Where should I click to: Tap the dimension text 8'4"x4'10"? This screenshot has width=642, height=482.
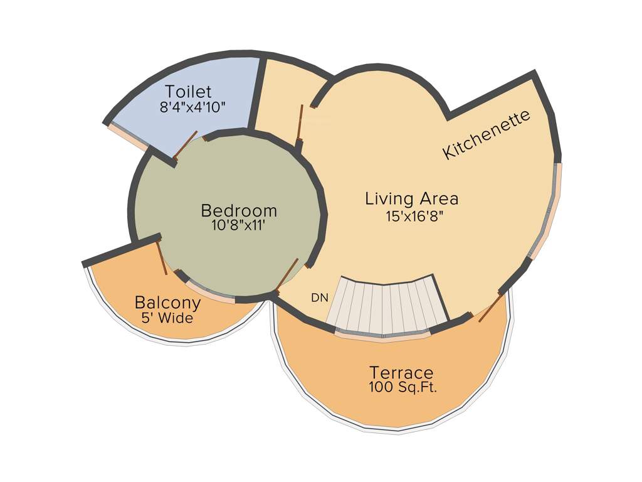click(x=192, y=107)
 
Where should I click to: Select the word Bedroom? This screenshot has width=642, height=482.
click(x=239, y=210)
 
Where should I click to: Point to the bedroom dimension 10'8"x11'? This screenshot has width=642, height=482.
click(x=239, y=225)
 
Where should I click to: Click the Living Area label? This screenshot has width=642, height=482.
click(x=412, y=199)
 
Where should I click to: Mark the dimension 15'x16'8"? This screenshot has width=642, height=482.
click(x=412, y=216)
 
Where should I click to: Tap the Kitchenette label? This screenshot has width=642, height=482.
click(x=487, y=134)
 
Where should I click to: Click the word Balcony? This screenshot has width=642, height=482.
click(x=168, y=303)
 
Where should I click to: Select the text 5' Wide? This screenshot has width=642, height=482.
click(x=167, y=318)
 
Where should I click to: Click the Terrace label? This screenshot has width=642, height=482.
click(x=402, y=372)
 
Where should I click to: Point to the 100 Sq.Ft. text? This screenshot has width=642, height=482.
click(x=403, y=387)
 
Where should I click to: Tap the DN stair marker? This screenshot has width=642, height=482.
click(x=319, y=298)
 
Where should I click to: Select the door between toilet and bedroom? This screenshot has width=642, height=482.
click(x=186, y=146)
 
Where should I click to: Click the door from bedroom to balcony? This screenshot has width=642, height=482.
click(x=162, y=257)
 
